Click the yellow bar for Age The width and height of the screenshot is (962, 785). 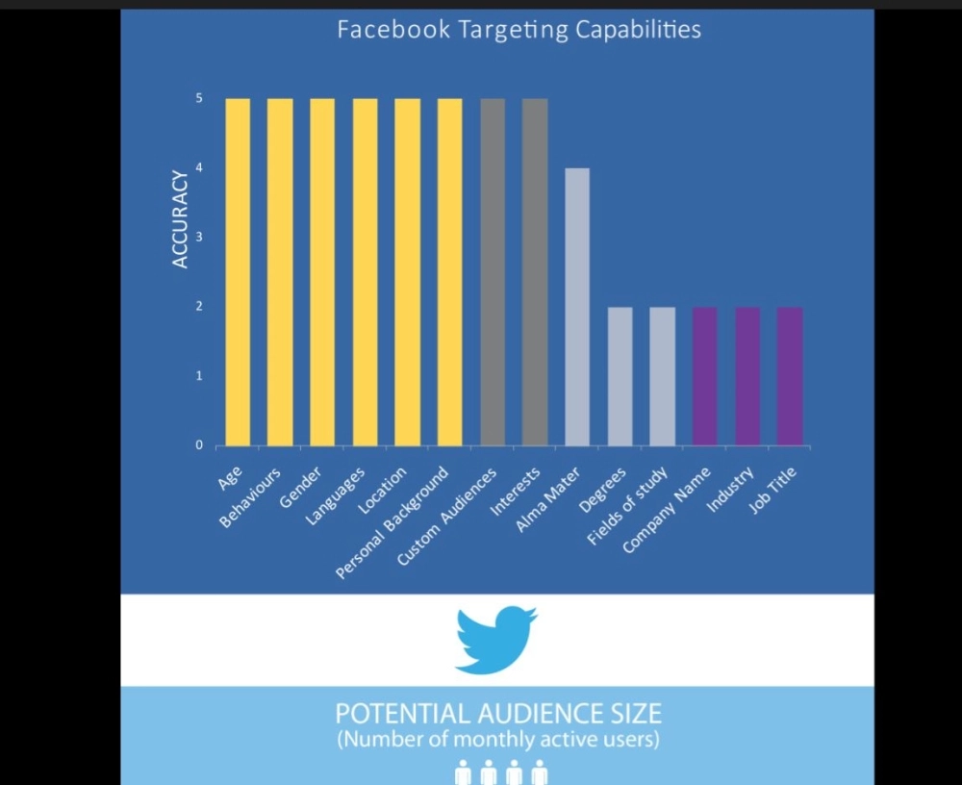[238, 271]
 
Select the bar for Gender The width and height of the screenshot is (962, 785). [322, 271]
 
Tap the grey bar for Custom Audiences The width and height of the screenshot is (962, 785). [493, 271]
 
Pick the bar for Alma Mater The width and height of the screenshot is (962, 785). [577, 306]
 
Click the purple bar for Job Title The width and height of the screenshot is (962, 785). [790, 376]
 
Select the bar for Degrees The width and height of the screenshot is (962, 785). [620, 376]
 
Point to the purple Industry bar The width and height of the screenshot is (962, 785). [747, 376]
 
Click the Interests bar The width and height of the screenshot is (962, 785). [535, 271]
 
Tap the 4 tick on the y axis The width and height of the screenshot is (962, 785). [199, 168]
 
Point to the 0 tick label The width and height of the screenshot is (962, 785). [199, 445]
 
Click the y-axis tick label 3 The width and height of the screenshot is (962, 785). [199, 238]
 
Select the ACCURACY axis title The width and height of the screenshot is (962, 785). [180, 219]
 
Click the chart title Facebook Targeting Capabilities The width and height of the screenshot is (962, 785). [519, 30]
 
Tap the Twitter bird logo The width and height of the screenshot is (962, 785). [495, 639]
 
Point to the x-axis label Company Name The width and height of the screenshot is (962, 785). [668, 510]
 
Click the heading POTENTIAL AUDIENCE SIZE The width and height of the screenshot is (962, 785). [497, 714]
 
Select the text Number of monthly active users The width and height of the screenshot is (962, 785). [497, 741]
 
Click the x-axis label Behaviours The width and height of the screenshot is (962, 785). [252, 497]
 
